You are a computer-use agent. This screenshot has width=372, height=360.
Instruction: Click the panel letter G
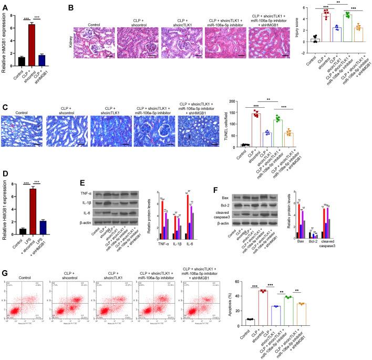click(5, 273)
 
